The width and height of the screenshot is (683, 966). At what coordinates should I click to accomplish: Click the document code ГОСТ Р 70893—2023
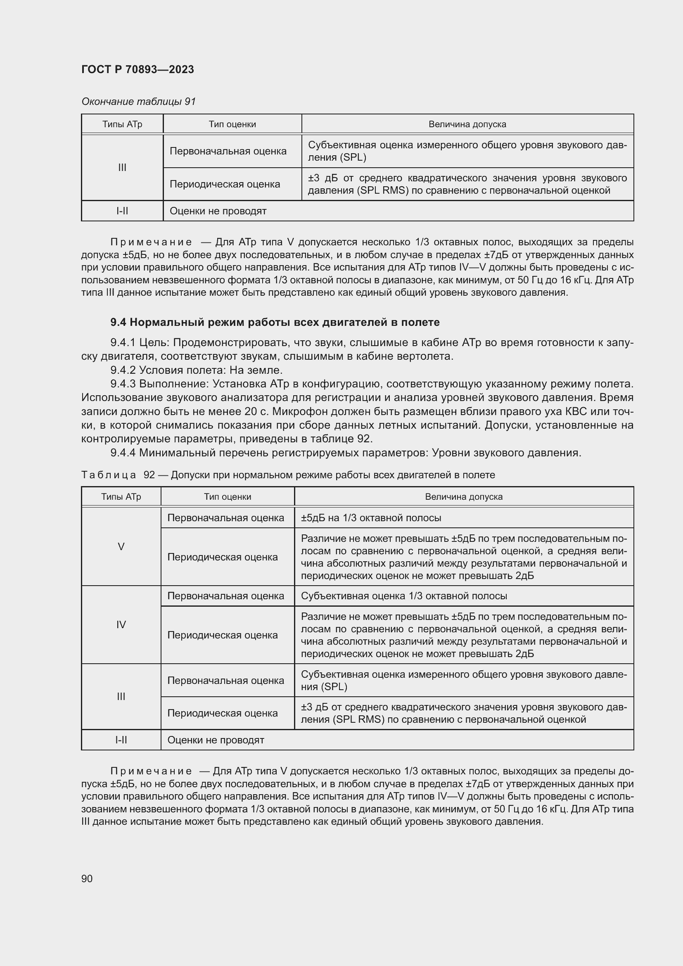(x=138, y=69)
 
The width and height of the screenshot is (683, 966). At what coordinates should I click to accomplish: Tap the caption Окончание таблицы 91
(x=138, y=102)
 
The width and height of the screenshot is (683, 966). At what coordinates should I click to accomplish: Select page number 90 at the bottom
(x=87, y=878)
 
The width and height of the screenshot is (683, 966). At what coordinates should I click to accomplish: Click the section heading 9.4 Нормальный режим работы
(x=275, y=322)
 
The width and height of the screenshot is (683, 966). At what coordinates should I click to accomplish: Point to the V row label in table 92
(x=121, y=546)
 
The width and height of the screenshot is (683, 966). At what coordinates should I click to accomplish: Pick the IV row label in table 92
(x=121, y=625)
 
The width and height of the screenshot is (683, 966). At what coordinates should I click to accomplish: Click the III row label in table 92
(x=121, y=696)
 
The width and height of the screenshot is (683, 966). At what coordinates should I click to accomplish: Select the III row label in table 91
(x=122, y=167)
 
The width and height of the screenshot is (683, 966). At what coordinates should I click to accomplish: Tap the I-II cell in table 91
(x=122, y=211)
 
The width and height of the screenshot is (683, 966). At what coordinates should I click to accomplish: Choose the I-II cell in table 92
(x=121, y=740)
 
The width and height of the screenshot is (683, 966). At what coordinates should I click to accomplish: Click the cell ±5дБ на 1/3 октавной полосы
(x=371, y=518)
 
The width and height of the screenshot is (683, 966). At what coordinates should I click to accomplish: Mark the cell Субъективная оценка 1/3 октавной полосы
(x=404, y=596)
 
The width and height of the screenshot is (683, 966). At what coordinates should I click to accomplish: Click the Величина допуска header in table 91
(x=467, y=124)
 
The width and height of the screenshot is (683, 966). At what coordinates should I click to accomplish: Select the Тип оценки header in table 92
(x=228, y=496)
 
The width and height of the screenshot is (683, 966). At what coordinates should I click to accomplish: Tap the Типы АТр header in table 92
(x=121, y=496)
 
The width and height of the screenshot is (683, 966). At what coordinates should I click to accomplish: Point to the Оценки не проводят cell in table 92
(x=216, y=740)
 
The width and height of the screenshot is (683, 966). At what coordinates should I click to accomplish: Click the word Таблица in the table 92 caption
(x=109, y=475)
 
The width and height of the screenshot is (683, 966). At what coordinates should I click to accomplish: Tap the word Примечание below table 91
(x=151, y=242)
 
